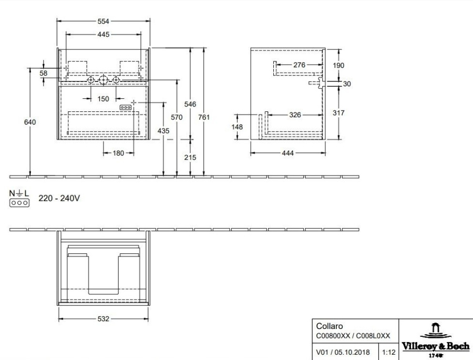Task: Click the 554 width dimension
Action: click(103, 21)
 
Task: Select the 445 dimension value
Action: click(103, 34)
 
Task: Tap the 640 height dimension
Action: click(30, 122)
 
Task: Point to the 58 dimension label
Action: click(44, 73)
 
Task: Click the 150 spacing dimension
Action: click(103, 99)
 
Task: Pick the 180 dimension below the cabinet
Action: click(118, 153)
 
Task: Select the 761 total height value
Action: click(204, 117)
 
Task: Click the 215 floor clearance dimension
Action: click(190, 157)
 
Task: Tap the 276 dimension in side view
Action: click(299, 65)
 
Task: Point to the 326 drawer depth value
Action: click(295, 115)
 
